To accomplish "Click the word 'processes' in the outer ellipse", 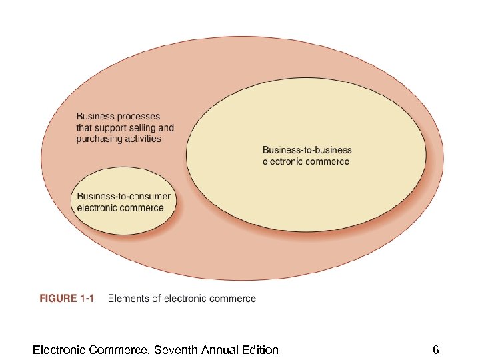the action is [x=138, y=117].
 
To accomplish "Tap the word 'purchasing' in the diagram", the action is [x=99, y=139].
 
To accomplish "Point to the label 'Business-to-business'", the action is [x=307, y=150].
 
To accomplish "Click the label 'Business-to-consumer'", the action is [x=124, y=197].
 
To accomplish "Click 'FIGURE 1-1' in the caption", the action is [x=67, y=299].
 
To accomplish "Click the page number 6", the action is [x=435, y=349].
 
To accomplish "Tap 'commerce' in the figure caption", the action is [x=232, y=299].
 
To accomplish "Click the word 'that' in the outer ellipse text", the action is [x=84, y=128].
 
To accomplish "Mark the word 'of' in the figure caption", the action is [x=157, y=299].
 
